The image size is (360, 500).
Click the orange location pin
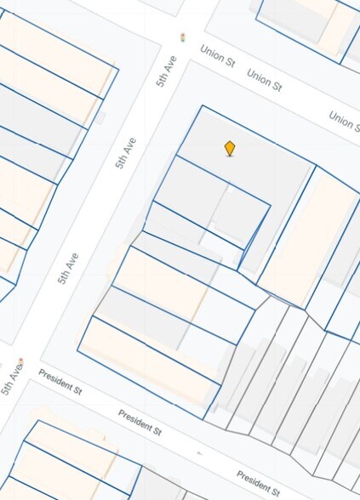(x=229, y=148)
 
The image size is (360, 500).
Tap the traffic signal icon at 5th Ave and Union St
(x=182, y=37)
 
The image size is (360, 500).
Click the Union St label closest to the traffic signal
(x=216, y=56)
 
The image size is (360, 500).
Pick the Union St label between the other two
(x=264, y=80)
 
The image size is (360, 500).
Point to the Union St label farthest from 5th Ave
(x=344, y=121)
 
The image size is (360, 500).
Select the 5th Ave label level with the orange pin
(x=126, y=152)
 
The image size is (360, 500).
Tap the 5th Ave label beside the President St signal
(x=11, y=380)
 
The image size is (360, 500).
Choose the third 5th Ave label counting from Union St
(x=68, y=267)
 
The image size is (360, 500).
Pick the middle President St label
(x=140, y=421)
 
